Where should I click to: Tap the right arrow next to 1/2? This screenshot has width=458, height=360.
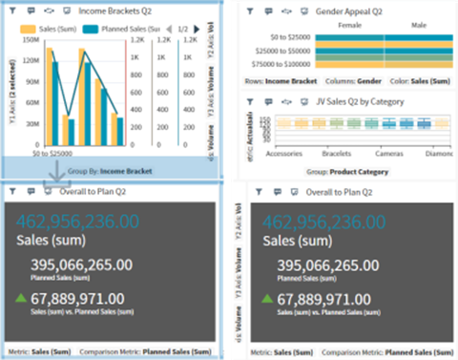[197, 30]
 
